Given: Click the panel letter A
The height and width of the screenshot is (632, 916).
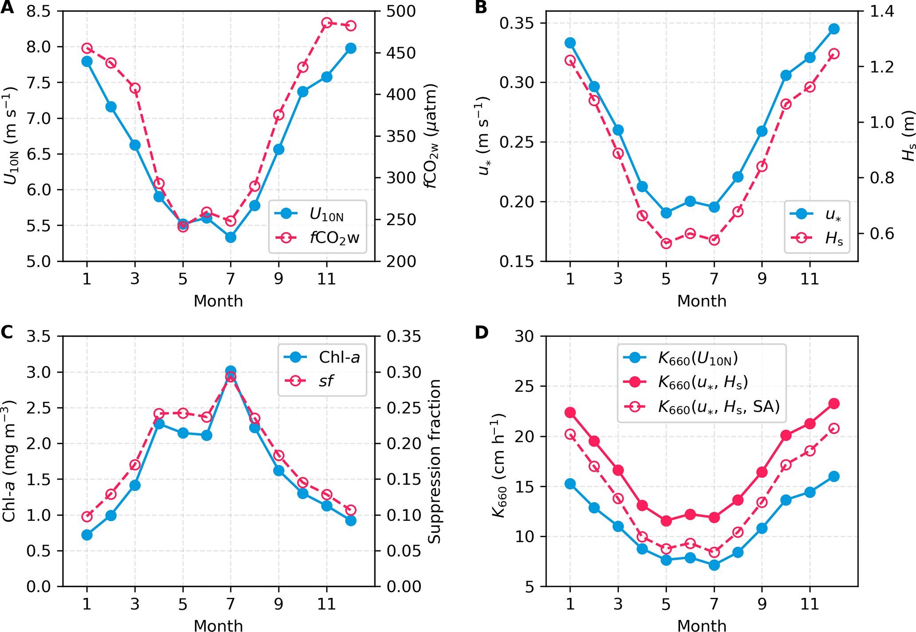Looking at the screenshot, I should point(7,8).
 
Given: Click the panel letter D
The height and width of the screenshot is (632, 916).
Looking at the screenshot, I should point(481,332).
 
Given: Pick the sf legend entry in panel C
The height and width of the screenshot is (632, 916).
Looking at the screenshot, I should point(326,381).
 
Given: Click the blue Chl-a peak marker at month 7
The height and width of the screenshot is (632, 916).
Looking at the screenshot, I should point(231,371).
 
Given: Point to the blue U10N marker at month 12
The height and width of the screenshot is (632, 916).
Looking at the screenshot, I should point(351,48).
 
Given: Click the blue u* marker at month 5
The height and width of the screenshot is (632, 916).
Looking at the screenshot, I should point(666,213).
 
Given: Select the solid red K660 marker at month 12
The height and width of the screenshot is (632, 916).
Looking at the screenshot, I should point(834,403).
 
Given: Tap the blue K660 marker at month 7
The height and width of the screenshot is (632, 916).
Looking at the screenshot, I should point(714,565).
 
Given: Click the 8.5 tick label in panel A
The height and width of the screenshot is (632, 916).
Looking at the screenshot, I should point(39,11).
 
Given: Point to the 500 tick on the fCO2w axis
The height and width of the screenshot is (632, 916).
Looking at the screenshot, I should point(401,11).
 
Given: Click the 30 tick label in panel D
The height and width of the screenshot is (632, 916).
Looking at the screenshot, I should point(525,336).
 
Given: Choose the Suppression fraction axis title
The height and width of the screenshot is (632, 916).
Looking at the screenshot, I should point(435,461).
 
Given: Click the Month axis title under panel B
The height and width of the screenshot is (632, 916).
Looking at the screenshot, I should point(702,301).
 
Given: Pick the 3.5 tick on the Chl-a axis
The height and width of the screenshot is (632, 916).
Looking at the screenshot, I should point(39,336).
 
